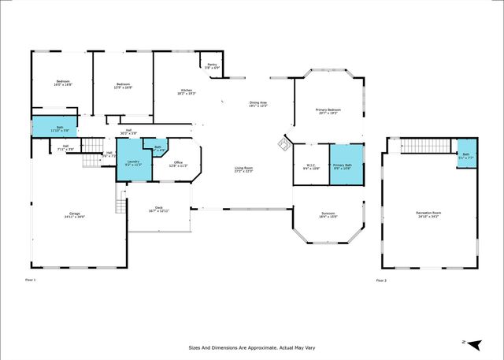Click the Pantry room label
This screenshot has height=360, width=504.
212,67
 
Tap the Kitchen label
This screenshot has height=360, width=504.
186,92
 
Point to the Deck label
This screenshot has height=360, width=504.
159,209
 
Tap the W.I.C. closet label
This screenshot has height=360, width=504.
310,166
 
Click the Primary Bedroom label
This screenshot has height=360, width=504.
327,111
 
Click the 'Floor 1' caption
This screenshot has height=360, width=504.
31,280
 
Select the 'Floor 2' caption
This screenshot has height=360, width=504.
381,280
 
